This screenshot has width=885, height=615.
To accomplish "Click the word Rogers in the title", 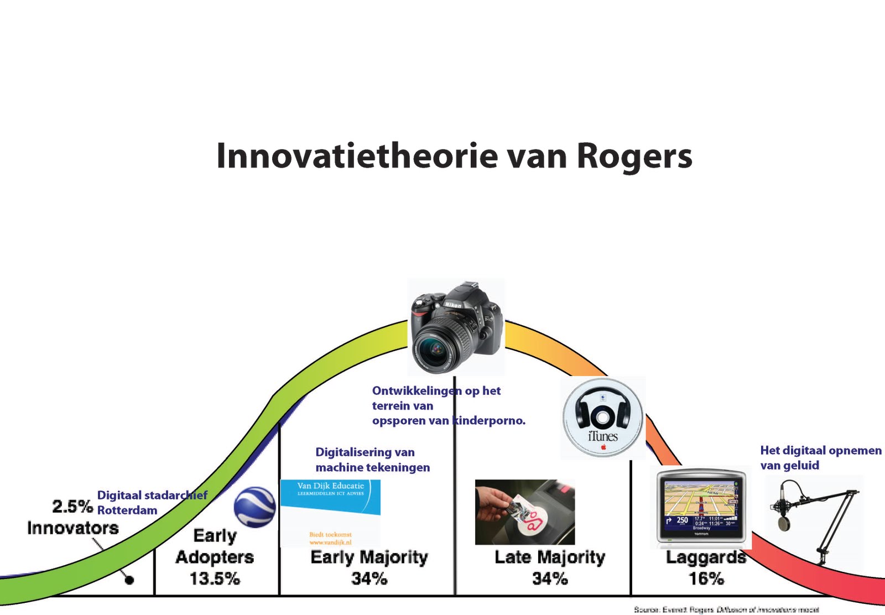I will point(634,157).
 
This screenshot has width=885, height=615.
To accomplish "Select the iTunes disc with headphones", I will point(603,418).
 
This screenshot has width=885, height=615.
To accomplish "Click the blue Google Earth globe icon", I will point(254,507).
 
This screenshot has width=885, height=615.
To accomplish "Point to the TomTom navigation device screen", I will point(701,506).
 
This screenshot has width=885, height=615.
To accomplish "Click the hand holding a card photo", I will point(524,512).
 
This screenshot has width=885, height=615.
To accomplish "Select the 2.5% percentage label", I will point(72,506).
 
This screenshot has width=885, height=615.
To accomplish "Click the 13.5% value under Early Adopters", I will point(215,579).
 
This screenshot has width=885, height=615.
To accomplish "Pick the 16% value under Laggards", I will point(706,579).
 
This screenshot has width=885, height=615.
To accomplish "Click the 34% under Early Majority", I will point(369,579).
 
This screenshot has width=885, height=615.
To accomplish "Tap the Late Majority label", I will point(550,557).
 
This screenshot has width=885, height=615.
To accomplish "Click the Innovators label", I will point(73,528).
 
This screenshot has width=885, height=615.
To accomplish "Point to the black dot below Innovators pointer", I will point(129,580).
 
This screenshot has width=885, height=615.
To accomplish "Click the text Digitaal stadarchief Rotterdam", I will point(152,502).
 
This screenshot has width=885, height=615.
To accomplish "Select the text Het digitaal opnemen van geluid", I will point(820,457).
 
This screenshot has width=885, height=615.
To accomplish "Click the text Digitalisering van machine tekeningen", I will point(372,460).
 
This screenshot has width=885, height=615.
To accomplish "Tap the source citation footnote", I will point(726,609).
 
